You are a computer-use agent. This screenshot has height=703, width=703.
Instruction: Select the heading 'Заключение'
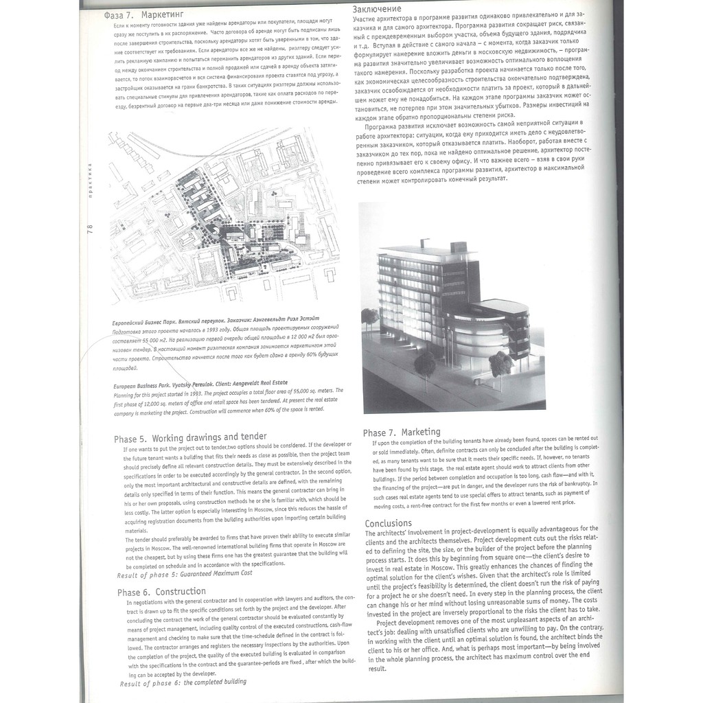pos(377,9)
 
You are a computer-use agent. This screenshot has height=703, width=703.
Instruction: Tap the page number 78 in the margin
pos(90,231)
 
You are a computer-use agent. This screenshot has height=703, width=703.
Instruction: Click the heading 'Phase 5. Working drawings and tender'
pos(190,437)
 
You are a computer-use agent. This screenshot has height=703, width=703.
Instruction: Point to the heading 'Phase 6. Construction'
pos(161,592)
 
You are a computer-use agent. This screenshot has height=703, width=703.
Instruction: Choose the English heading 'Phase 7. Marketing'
pos(402,432)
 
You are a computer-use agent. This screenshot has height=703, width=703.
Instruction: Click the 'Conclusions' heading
pos(389,523)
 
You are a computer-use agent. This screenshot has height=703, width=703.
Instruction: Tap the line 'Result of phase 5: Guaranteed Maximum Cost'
pos(185,573)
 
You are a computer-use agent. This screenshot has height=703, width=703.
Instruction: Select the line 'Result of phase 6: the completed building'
pos(183,682)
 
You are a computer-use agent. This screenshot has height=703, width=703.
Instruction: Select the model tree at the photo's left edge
pos(370,319)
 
